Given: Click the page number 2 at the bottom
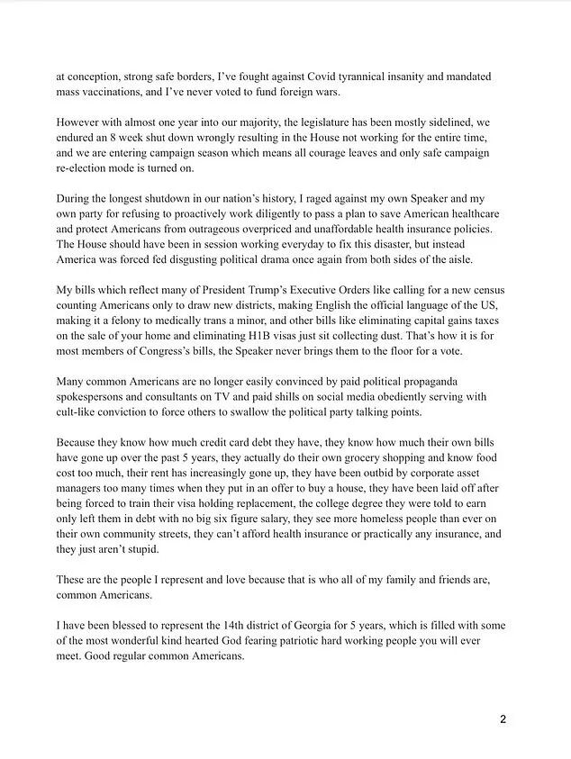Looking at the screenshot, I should click(504, 720).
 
